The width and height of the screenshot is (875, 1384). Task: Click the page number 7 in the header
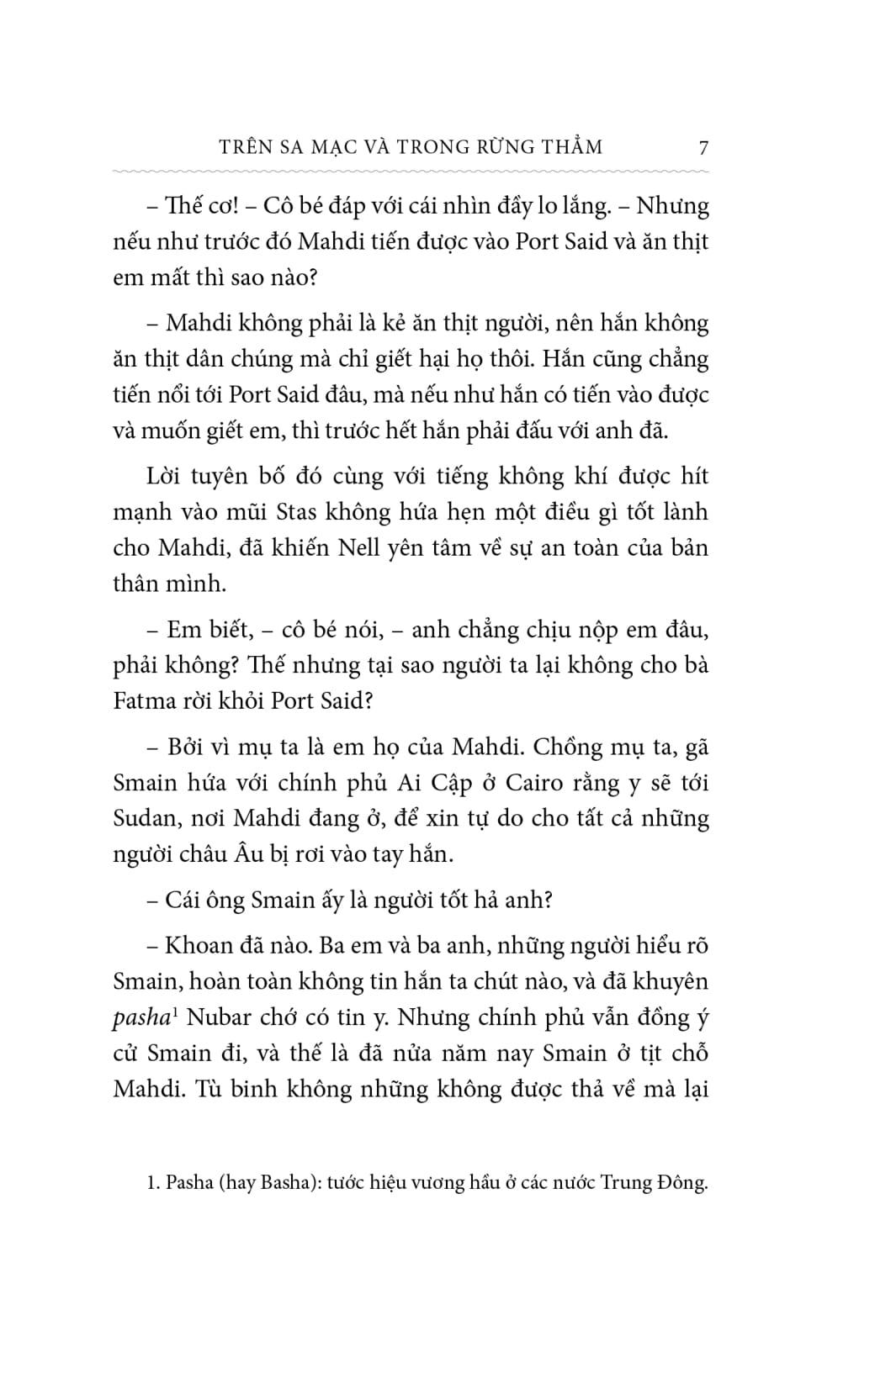click(x=703, y=148)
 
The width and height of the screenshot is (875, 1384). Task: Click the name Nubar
click(x=218, y=1017)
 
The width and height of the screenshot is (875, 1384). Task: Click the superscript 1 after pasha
click(x=174, y=1012)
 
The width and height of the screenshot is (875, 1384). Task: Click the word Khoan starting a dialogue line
click(x=194, y=946)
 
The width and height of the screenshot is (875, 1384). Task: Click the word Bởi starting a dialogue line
click(x=185, y=747)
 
